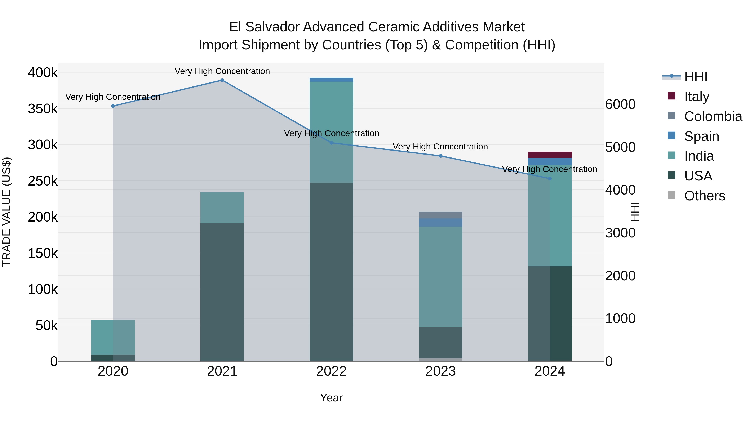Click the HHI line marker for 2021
coord(222,80)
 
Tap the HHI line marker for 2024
coord(550,178)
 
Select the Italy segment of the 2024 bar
coord(550,155)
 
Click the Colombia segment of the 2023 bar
coord(440,215)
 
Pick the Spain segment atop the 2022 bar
coord(331,80)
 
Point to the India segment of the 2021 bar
coord(222,207)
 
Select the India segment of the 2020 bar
coord(113,337)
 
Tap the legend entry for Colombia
coord(713,116)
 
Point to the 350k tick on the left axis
coord(43,109)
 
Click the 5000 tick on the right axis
coord(620,147)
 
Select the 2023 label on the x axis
coord(440,371)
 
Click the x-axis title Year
coord(331,398)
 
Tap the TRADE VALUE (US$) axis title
coord(6,212)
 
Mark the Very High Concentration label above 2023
coord(440,147)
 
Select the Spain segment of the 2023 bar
coord(440,222)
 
